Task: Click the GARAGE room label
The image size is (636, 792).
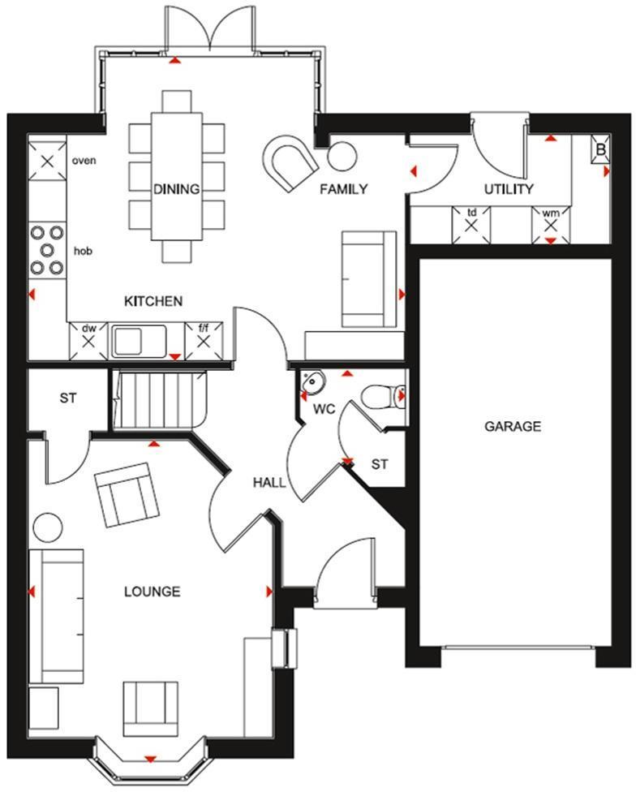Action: pos(513,426)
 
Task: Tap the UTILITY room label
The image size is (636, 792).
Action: pos(509,189)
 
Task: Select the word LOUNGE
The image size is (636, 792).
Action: pos(152,592)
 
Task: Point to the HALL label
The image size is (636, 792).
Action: pos(269,483)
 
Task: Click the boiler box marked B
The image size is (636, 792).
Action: pos(600,149)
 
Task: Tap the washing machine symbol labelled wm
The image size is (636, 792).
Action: pos(551,226)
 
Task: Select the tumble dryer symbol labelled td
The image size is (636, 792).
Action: pos(471,226)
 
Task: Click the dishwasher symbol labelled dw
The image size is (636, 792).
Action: pos(88,341)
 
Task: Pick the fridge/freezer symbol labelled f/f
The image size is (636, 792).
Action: pos(204,341)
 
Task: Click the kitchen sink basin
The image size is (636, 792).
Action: pos(127,342)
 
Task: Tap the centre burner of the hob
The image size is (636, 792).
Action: pos(47,249)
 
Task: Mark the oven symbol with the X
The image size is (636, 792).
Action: pos(47,161)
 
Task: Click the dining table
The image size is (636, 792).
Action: pos(177,176)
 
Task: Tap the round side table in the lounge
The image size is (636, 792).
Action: pos(48,527)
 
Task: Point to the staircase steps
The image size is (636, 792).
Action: pos(159,399)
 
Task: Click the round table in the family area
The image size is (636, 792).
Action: pos(342,156)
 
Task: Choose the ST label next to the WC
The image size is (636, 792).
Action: pos(380,463)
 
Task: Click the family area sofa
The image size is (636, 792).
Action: pos(369,279)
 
